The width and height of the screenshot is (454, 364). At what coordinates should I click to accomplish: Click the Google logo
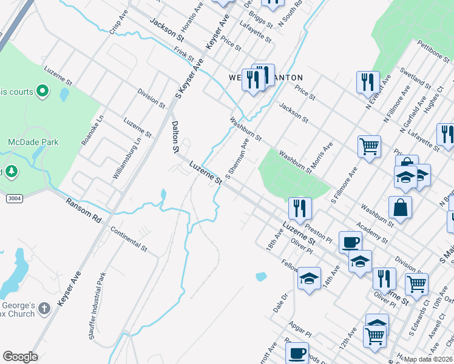(20, 357)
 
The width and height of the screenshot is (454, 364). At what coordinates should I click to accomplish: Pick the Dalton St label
(175, 136)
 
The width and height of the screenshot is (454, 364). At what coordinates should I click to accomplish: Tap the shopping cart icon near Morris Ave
(369, 146)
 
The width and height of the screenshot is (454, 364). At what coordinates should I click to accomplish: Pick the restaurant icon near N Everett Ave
(367, 82)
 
